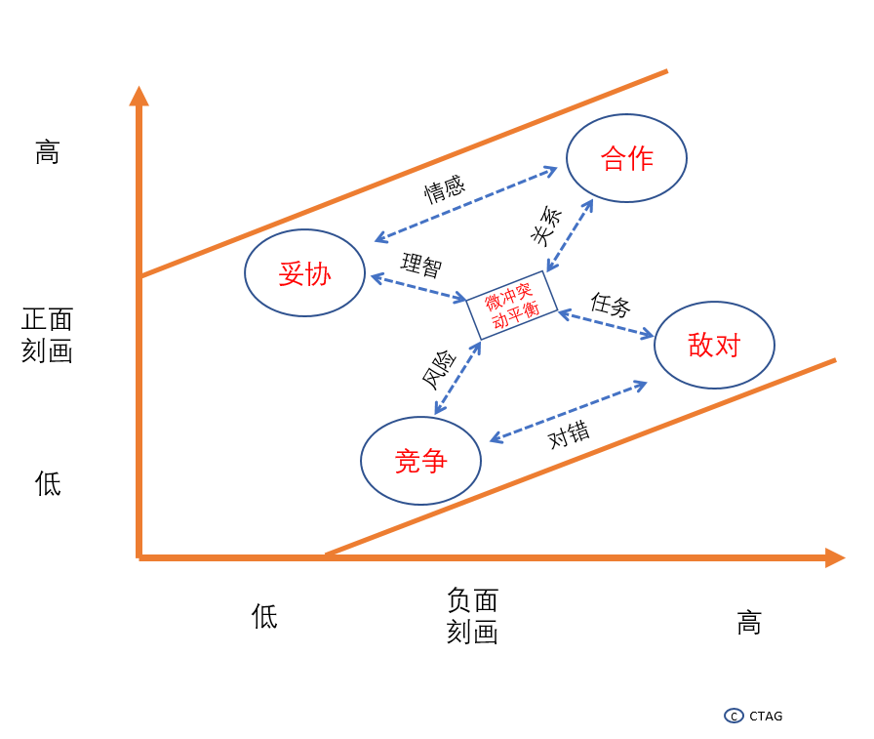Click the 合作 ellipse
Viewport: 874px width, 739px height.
pos(627,158)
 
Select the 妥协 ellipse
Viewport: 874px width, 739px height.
pos(304,273)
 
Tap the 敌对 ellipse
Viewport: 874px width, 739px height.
pos(714,345)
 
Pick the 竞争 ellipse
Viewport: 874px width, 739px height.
pos(420,461)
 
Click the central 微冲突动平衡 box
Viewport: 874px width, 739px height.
pos(511,305)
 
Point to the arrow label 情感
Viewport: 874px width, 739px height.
pos(444,188)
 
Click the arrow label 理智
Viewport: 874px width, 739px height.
pos(420,265)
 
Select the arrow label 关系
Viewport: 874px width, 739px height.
pos(547,227)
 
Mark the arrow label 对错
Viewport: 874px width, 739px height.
pos(568,434)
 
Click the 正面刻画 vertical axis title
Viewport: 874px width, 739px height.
pos(47,335)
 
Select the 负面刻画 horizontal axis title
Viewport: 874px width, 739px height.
pos(472,616)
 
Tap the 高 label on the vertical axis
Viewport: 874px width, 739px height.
pos(47,152)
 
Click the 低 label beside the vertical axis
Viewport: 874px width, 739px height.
pos(47,483)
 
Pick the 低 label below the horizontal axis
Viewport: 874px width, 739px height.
pos(264,616)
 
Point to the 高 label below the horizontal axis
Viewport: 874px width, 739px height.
pos(748,623)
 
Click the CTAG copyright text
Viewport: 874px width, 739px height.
pos(765,716)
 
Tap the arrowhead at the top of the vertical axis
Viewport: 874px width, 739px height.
pos(139,96)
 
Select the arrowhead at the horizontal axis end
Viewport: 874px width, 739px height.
pos(834,557)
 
